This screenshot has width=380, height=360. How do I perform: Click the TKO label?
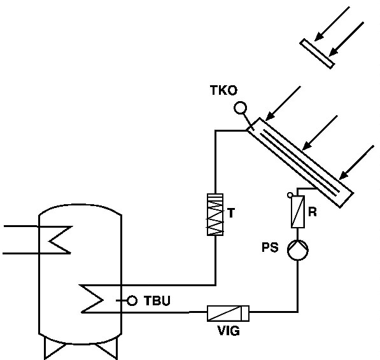[223, 90]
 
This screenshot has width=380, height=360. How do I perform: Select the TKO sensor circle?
[241, 107]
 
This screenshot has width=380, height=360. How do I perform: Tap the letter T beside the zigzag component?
[231, 213]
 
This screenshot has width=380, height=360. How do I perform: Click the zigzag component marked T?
[215, 214]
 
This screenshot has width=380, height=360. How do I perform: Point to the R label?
[313, 212]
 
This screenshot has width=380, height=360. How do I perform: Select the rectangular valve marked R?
[298, 212]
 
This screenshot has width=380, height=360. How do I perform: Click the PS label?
[270, 247]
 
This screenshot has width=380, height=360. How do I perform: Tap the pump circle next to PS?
[298, 250]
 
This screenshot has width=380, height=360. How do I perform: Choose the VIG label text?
[229, 331]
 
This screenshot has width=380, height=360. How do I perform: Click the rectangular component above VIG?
[228, 314]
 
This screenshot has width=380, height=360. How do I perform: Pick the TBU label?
[157, 300]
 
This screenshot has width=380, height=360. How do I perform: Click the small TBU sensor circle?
[132, 301]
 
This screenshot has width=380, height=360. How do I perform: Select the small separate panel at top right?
[317, 54]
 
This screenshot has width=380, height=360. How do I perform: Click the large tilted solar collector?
[300, 163]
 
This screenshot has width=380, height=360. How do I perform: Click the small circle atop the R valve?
[290, 195]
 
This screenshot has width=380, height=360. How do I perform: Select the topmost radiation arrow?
[332, 24]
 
